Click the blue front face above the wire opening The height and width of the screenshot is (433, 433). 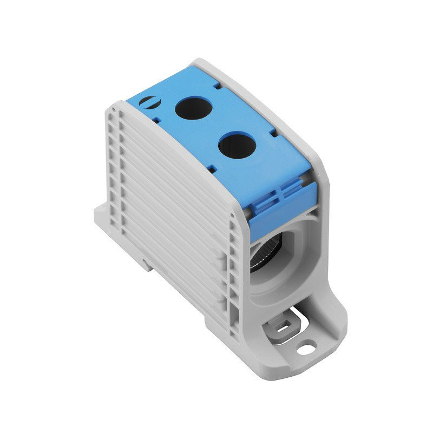tap(281, 206)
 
